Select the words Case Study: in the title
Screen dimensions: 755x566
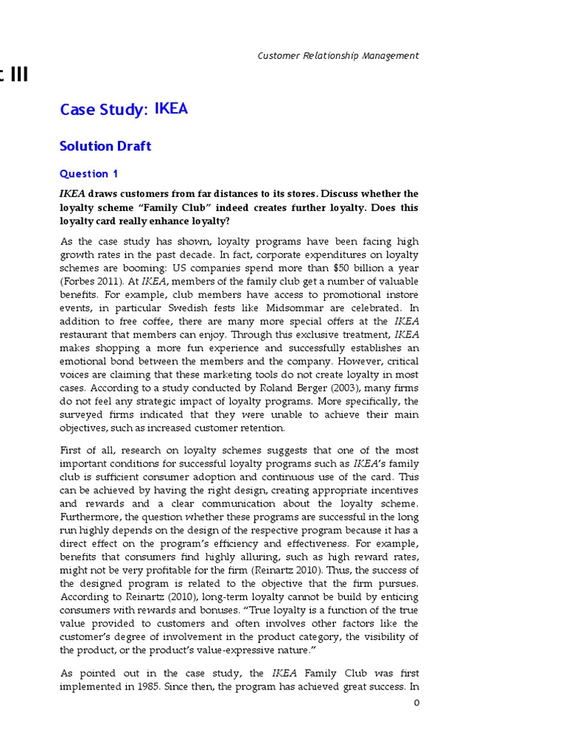104,110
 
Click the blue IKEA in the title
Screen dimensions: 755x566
171,109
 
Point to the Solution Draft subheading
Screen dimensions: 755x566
105,146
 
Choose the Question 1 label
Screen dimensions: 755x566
88,174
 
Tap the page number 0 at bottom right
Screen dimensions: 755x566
416,703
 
